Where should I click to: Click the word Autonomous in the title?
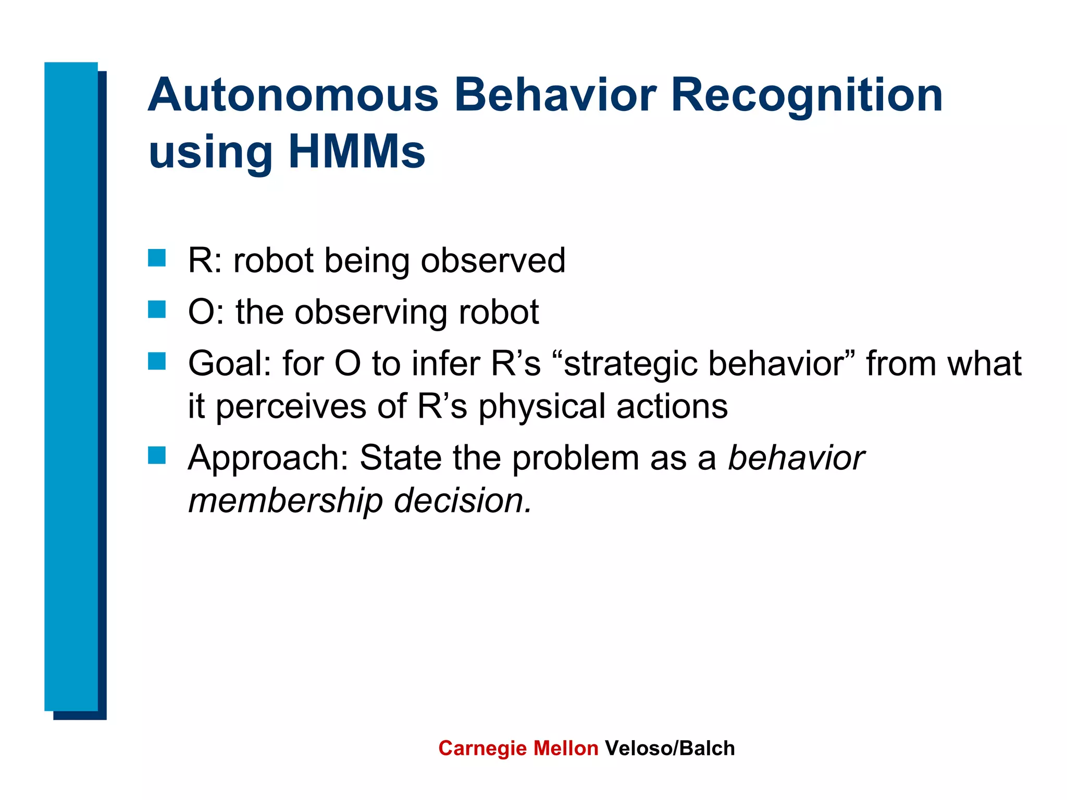coord(293,96)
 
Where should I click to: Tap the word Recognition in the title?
coord(807,96)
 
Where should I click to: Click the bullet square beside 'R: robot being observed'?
coord(157,258)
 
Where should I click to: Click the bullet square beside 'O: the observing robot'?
coord(157,309)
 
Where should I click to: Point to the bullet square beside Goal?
coord(157,361)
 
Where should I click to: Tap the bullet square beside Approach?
coord(157,455)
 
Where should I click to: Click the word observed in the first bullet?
coord(492,260)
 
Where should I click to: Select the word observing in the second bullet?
coord(370,312)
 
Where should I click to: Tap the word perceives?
coord(291,407)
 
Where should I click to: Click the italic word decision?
coord(463,501)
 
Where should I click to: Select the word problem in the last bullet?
coord(575,458)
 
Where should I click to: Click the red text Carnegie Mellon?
coord(518,748)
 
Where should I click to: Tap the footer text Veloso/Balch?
coord(669,748)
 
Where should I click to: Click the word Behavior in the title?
coord(555,96)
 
